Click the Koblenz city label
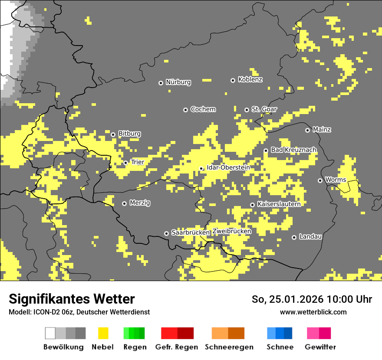pos(250,80)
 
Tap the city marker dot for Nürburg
pos(161,82)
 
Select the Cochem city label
pos(203,109)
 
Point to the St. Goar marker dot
pos(247,110)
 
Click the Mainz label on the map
pos(322,130)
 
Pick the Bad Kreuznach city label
pos(293,150)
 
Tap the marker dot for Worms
pos(320,180)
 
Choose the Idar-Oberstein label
pos(228,167)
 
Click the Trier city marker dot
pos(126,163)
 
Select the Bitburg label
pos(129,134)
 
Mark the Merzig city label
pos(140,203)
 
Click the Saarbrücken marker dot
pos(166,233)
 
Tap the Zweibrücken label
pos(232,232)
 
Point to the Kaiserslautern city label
pos(279,204)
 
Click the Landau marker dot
pos(294,237)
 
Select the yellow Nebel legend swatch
pos(103,333)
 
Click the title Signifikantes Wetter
pos(72,299)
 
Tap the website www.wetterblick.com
pos(313,312)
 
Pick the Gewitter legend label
pos(320,347)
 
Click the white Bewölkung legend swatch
pos(50,333)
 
